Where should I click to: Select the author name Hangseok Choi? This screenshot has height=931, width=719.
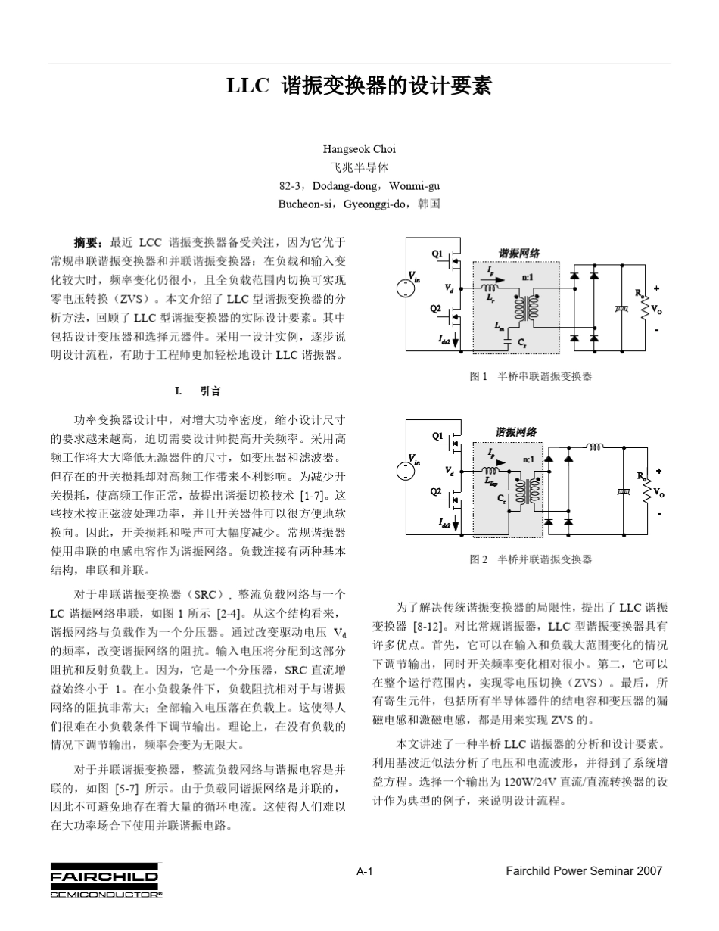coord(359,149)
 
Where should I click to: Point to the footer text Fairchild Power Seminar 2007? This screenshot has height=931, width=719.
coord(584,892)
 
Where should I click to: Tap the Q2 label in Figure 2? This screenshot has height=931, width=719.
coord(436,491)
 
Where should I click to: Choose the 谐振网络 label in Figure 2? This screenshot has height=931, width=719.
coord(515,432)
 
